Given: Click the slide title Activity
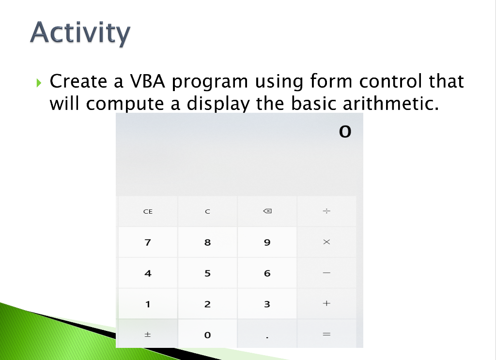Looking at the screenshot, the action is coord(80,32).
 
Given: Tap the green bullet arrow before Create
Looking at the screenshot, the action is coord(39,83).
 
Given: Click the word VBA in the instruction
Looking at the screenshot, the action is coord(147,81).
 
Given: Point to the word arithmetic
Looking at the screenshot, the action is coord(391,103).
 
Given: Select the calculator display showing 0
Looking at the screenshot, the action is coord(345,132).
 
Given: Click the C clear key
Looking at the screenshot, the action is coord(207,211).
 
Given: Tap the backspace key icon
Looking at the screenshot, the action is coord(267,211).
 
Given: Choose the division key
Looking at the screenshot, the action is coord(327,211).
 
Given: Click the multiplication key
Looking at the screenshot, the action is coord(327,242).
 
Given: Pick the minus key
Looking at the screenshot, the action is coord(327,273).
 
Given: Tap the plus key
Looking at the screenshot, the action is coord(327,303).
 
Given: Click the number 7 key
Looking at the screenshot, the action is coord(148,242).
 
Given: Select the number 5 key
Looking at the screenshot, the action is coord(207,273).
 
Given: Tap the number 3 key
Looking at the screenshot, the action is coord(267,303).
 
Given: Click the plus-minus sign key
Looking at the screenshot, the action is coord(148,334).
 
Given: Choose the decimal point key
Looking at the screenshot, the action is coord(267,334).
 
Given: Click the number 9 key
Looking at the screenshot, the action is coord(267,242).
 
